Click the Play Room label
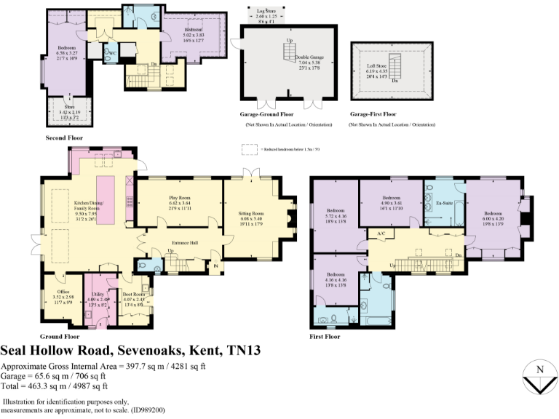click(179, 196)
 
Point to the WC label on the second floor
click(111, 52)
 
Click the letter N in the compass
click(539, 370)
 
